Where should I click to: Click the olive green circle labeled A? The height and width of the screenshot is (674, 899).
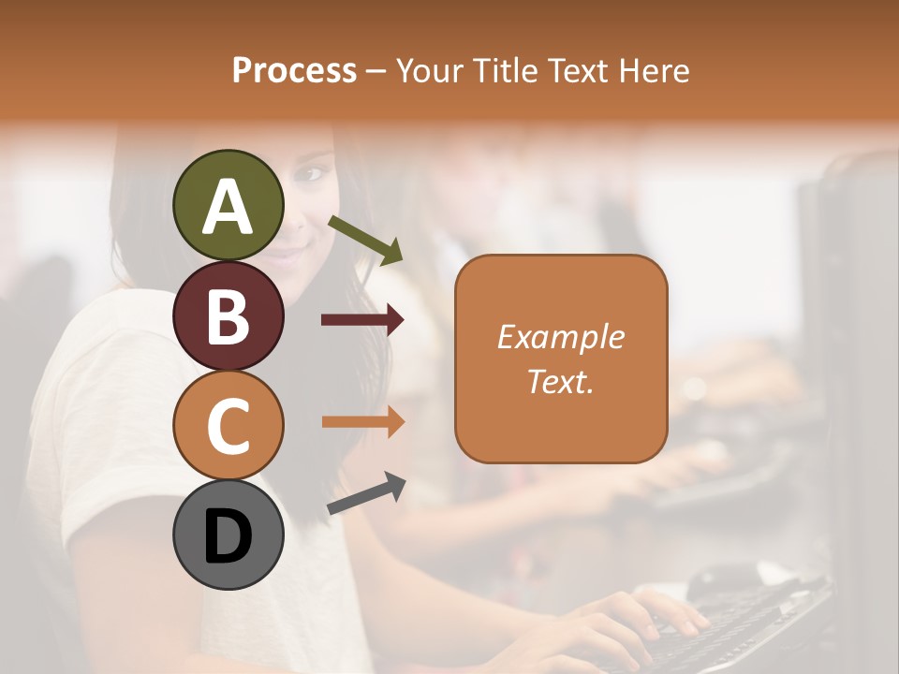pyautogui.click(x=228, y=206)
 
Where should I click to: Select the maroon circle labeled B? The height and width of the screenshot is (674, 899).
pyautogui.click(x=228, y=316)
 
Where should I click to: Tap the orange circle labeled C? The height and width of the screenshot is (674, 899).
pyautogui.click(x=228, y=426)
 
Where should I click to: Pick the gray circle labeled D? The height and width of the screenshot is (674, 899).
pyautogui.click(x=228, y=535)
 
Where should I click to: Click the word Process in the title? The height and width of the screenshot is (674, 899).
pyautogui.click(x=294, y=70)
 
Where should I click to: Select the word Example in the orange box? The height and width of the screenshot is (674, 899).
pyautogui.click(x=560, y=337)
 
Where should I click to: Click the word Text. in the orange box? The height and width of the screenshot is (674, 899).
pyautogui.click(x=560, y=382)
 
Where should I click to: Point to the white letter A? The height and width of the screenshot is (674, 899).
pyautogui.click(x=228, y=206)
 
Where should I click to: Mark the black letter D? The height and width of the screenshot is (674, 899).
pyautogui.click(x=228, y=537)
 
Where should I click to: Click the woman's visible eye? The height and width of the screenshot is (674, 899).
pyautogui.click(x=312, y=174)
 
